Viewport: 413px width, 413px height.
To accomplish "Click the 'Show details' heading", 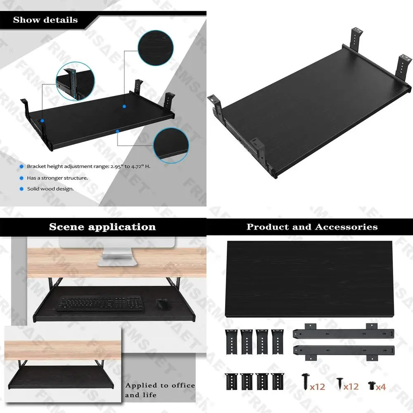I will [x=45, y=20].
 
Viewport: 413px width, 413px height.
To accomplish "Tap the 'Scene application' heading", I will [x=102, y=227].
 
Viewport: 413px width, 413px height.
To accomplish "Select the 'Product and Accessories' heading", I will [x=312, y=227].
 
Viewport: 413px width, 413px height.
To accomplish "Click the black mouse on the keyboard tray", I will [x=163, y=304].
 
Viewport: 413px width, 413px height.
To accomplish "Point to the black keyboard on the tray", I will [x=100, y=304].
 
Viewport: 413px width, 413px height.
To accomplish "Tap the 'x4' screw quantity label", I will [x=380, y=387].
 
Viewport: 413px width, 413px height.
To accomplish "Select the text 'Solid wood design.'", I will [x=50, y=189].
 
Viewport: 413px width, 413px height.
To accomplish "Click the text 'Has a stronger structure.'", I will [x=57, y=178].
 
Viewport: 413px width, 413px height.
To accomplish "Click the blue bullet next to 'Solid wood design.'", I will [x=21, y=189].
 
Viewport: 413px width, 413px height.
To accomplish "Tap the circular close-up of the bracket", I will [x=75, y=82].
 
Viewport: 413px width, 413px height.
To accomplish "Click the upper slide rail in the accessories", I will [x=343, y=333].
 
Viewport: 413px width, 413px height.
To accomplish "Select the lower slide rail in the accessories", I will [x=343, y=351].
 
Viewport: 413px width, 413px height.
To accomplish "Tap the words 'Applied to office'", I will [x=160, y=385].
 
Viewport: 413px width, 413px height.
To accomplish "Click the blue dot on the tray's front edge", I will [x=118, y=131].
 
